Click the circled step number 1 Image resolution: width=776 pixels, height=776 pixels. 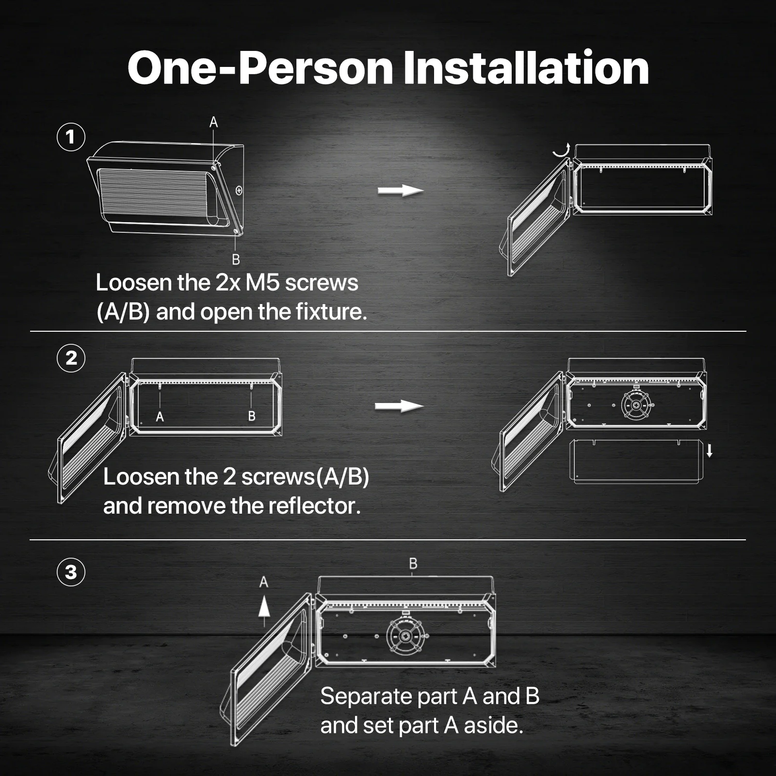point(71,137)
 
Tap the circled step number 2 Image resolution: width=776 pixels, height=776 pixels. point(71,358)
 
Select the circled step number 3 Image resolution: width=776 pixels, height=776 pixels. point(71,572)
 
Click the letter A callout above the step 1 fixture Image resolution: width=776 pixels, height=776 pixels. point(213,122)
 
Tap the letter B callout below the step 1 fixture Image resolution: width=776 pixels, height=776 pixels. point(236,260)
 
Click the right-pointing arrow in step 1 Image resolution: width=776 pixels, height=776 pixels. point(400,191)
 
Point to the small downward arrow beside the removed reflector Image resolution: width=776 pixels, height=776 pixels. point(710,451)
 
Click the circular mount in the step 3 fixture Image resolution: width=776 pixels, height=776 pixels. point(407,635)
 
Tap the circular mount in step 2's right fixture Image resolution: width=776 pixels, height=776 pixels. point(636,405)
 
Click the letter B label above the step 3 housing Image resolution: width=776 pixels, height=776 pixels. point(413,564)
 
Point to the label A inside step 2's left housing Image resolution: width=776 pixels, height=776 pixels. point(160,417)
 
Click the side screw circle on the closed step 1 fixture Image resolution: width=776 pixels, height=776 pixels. point(239,191)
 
